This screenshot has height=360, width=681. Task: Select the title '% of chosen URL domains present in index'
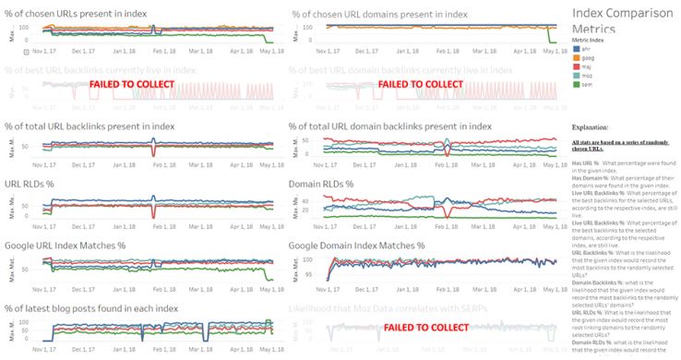pyautogui.click(x=379, y=15)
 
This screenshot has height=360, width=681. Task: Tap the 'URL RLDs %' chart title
pyautogui.click(x=29, y=185)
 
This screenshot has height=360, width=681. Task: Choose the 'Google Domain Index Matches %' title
pyautogui.click(x=356, y=246)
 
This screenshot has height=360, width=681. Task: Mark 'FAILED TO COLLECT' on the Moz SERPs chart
pyautogui.click(x=424, y=328)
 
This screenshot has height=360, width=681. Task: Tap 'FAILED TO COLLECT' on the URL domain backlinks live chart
pyautogui.click(x=422, y=84)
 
